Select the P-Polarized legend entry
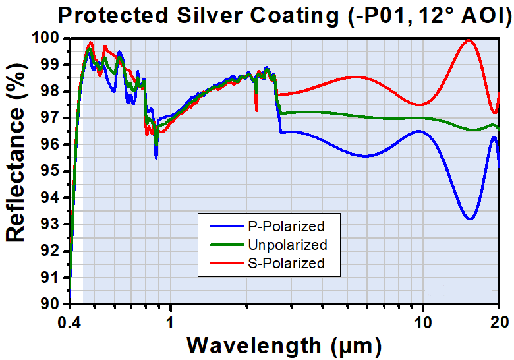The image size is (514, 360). pos(285,227)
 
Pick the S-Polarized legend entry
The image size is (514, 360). pos(286,264)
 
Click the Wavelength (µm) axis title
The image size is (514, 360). pos(283,345)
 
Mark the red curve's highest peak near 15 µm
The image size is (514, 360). pos(469,40)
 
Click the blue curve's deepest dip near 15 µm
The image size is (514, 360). pos(469,219)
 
